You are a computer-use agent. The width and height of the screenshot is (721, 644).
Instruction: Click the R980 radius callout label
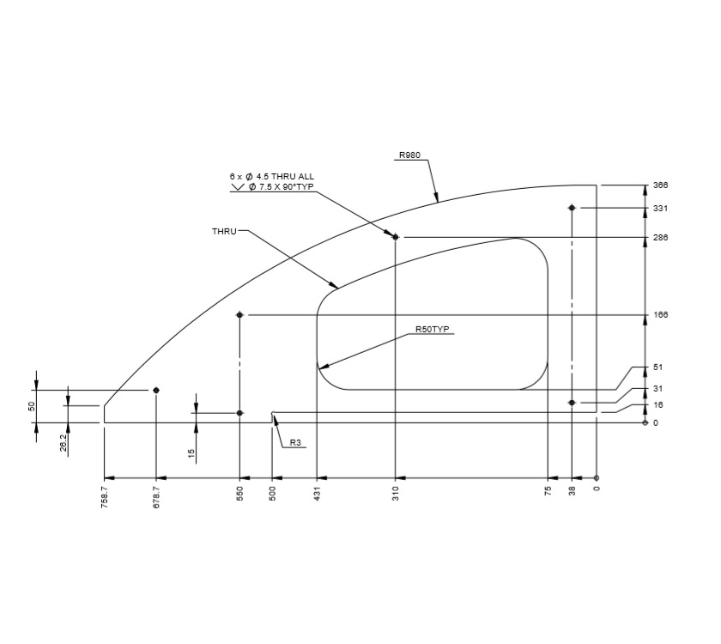pos(409,156)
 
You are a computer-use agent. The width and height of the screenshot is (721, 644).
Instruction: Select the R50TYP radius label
pos(433,329)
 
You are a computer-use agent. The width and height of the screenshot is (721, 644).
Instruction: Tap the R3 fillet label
pos(295,443)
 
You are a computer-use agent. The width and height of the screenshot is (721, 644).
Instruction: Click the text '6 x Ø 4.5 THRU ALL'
pos(265,177)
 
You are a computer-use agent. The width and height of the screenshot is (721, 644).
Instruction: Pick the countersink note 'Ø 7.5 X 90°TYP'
pos(281,186)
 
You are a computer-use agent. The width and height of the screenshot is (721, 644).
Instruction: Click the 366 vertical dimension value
pos(660,185)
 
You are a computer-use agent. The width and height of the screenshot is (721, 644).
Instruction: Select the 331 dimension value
pos(660,209)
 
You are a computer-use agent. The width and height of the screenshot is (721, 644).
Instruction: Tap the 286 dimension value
pos(660,238)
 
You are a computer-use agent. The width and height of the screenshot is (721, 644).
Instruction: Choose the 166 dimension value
pos(660,315)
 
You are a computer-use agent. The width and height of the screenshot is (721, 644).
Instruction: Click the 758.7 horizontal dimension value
pos(105,497)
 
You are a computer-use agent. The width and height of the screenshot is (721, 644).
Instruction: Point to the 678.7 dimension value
pos(156,497)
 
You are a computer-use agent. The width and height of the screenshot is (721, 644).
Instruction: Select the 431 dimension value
pos(318,494)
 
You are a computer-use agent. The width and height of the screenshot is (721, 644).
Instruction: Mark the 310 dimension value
pos(396,494)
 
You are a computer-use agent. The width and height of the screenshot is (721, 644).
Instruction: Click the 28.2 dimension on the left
pos(64,442)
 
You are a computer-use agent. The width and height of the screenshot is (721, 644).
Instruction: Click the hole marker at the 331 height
pos(572,208)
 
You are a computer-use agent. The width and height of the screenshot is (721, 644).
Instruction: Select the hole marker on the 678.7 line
pos(156,390)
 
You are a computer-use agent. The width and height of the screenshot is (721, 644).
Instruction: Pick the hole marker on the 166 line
pos(240,315)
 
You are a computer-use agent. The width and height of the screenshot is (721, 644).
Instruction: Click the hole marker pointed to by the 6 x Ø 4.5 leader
pos(396,237)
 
